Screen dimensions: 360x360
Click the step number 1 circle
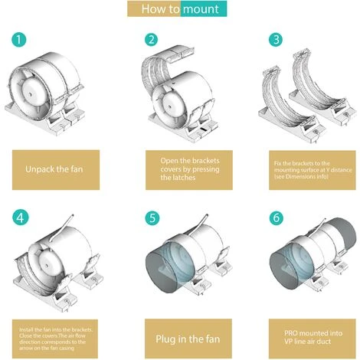click(x=19, y=40)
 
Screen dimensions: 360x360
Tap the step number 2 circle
click(x=152, y=40)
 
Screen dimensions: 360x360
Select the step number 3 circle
click(x=276, y=40)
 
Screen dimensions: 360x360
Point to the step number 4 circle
click(x=20, y=218)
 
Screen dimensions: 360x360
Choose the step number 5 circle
click(x=152, y=218)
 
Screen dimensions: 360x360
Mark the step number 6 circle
click(x=277, y=218)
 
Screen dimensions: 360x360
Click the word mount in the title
click(x=201, y=9)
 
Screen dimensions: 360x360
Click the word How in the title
click(x=152, y=9)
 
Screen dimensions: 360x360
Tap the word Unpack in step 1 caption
click(x=40, y=169)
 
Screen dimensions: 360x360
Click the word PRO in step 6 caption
click(x=290, y=333)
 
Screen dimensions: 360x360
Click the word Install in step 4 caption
click(x=26, y=329)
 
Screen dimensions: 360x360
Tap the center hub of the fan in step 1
click(x=31, y=94)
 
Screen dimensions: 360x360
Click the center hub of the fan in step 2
click(x=169, y=106)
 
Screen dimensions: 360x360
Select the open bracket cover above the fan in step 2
click(x=162, y=64)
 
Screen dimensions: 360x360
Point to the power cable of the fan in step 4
click(x=61, y=227)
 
